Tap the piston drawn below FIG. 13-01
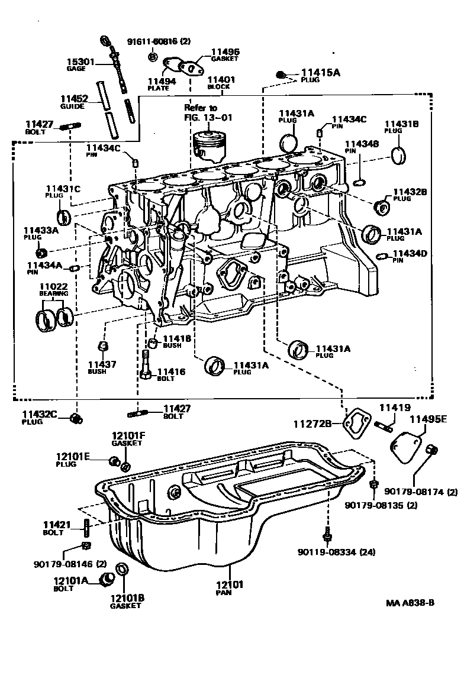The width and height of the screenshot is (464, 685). [211, 146]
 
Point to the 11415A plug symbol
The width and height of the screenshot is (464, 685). [282, 75]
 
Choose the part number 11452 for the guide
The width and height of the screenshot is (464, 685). [73, 99]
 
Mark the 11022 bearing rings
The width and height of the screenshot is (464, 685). [55, 320]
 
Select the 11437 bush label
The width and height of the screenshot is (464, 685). [102, 367]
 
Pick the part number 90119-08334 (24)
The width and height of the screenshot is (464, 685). [337, 552]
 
